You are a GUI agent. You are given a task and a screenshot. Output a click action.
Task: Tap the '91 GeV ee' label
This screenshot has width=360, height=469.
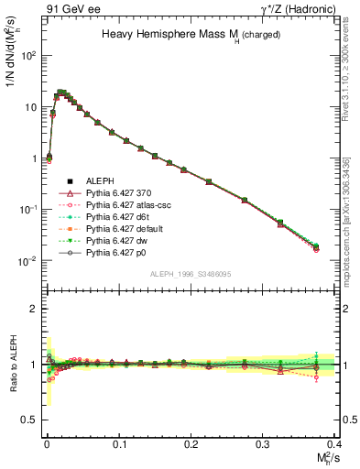69,8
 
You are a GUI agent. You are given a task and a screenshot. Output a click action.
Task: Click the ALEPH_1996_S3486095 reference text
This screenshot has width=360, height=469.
190,274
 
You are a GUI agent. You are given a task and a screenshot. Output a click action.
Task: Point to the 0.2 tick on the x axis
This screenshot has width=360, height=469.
191,444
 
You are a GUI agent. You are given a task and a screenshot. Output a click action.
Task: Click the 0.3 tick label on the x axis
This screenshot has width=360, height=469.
263,444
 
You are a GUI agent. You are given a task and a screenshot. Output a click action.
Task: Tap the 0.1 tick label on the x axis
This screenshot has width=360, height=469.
118,444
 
